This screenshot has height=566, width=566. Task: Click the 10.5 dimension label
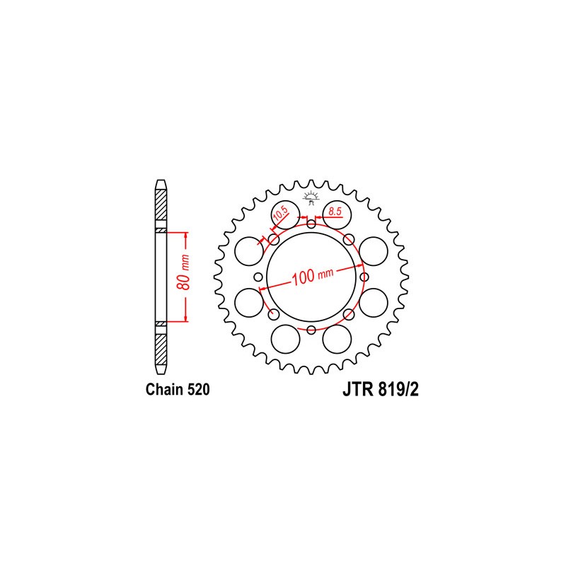281,214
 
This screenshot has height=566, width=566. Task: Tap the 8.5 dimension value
335,211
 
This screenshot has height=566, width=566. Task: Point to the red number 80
184,282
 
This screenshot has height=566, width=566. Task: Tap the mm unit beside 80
185,262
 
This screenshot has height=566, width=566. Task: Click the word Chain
165,390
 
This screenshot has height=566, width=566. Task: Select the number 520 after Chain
198,390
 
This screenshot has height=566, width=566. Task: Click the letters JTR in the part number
357,390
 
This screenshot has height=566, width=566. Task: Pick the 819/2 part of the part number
398,390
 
